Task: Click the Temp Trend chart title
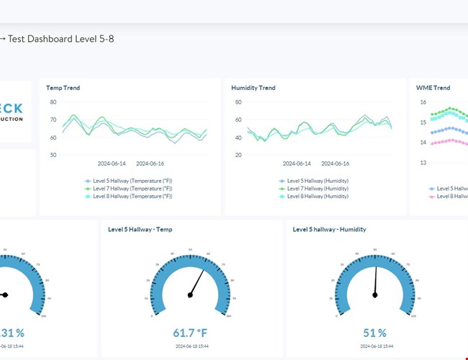pos(63,88)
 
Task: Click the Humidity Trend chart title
pos(253,88)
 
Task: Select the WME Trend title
pos(433,88)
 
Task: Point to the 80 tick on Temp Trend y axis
pos(53,102)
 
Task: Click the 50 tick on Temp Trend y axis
pos(53,155)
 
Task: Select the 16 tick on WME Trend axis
pos(423,102)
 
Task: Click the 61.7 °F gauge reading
pos(190,333)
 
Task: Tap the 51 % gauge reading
pos(374,333)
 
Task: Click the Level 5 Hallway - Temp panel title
pos(140,230)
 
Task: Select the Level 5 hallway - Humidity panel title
pos(329,230)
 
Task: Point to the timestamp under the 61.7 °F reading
pos(190,346)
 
